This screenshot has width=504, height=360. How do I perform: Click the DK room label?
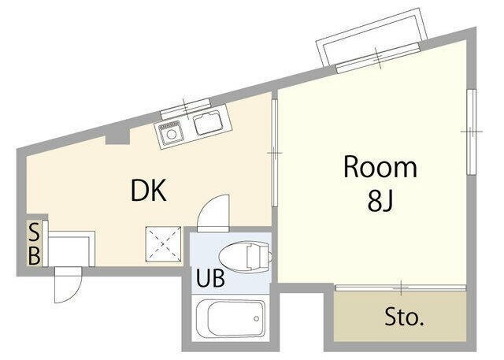click(x=148, y=190)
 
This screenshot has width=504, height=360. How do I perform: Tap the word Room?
click(x=380, y=169)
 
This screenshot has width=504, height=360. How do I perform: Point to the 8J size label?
click(x=380, y=202)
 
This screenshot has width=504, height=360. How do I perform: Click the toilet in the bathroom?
click(x=246, y=255)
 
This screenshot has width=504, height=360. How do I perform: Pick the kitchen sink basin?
click(x=208, y=124)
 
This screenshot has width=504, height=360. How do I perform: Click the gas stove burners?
click(x=170, y=134)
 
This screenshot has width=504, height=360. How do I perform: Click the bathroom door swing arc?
click(x=212, y=213)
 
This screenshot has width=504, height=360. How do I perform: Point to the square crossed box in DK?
click(x=163, y=242)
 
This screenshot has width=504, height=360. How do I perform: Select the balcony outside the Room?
click(x=372, y=41)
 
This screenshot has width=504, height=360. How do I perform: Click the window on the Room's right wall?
click(x=472, y=131)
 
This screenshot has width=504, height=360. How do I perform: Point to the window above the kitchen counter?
click(x=186, y=106)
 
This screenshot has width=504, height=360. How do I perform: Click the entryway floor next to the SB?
click(x=71, y=247)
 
